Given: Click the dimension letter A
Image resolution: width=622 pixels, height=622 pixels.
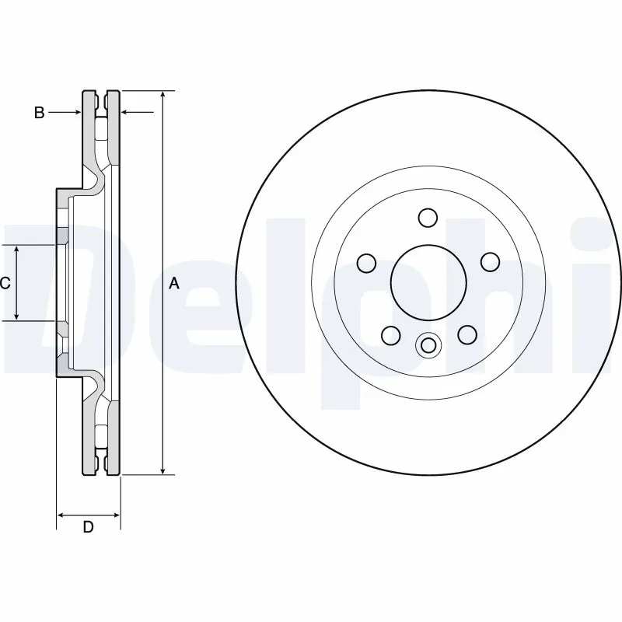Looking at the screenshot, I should [x=174, y=284].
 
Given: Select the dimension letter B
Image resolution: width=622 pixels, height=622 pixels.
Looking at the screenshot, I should [x=39, y=113].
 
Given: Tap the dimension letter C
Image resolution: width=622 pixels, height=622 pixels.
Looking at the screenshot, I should [x=5, y=283].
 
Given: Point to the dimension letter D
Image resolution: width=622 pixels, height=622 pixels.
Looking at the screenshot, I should [x=89, y=527].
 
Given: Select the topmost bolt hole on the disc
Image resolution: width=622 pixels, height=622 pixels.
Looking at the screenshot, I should [x=427, y=217].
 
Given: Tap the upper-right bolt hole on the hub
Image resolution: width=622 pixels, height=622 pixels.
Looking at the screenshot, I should [x=489, y=263].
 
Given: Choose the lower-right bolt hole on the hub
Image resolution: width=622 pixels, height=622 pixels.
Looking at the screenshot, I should [x=466, y=334].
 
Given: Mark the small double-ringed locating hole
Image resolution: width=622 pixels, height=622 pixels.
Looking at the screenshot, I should [x=428, y=345].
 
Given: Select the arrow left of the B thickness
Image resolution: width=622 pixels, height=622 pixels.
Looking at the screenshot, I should [x=77, y=113].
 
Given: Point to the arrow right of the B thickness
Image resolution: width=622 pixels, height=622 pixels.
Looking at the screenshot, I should [x=126, y=113].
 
